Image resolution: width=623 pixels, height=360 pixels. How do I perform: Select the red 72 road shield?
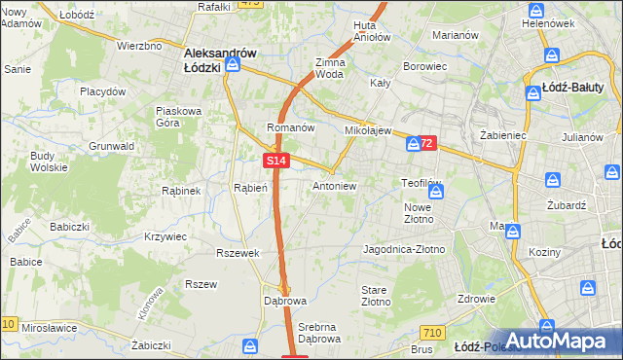pos(428,143)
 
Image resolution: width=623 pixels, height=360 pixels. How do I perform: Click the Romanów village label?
pos(290,127)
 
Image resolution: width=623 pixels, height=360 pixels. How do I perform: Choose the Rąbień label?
pos(250,188)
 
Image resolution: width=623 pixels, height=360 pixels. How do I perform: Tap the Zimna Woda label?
pos(330,67)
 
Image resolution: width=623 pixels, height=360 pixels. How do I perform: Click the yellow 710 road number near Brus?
pos(433,333)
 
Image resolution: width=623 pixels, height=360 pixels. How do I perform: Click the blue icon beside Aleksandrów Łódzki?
pos(234,64)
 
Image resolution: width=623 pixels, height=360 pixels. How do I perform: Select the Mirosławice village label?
pos(49,328)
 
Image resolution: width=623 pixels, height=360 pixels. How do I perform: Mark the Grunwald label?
pos(112,146)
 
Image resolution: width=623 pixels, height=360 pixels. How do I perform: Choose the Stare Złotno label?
pos(375,296)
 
